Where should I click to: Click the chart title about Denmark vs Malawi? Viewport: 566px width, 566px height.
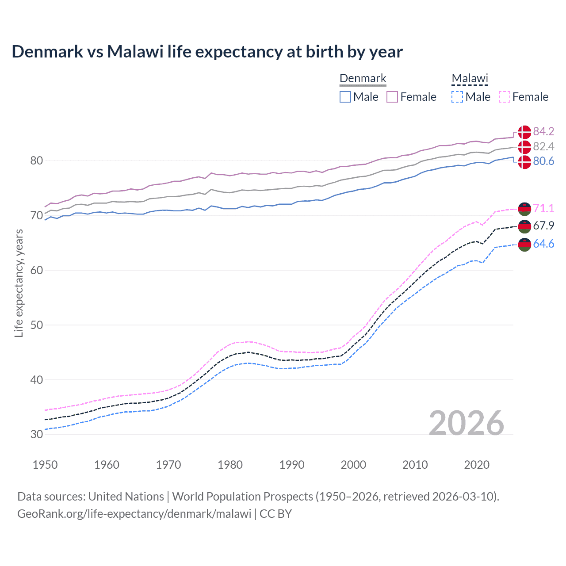point(207,52)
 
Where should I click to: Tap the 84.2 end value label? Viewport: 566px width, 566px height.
point(543,131)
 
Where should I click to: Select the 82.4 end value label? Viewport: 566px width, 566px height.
point(543,146)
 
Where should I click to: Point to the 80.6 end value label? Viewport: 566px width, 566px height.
point(543,161)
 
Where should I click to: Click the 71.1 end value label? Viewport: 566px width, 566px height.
point(543,208)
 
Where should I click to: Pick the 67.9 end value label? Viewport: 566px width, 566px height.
point(543,226)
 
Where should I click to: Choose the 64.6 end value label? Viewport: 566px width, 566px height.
point(543,244)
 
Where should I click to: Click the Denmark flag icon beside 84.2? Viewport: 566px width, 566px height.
point(524,132)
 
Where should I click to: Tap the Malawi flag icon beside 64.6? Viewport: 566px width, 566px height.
point(524,245)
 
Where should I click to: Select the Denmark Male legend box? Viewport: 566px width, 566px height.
point(345,97)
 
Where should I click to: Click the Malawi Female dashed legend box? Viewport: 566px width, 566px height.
point(505,97)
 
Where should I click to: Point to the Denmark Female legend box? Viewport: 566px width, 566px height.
point(392,97)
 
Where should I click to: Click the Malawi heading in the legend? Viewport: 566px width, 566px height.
point(470,78)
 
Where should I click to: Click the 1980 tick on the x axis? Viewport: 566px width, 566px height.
point(230,465)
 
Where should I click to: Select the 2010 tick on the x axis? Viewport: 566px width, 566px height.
point(415,465)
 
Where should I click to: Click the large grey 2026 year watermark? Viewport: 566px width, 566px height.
point(466,423)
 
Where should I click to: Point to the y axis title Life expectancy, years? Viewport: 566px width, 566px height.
point(19,283)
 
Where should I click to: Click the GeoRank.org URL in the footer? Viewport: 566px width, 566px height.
point(134,513)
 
